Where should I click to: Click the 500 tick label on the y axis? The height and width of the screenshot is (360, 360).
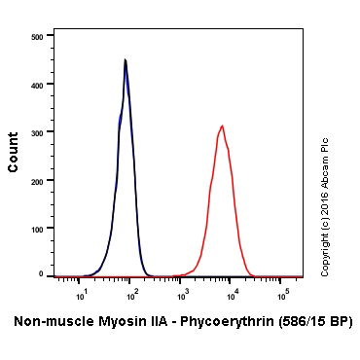[x=37, y=36]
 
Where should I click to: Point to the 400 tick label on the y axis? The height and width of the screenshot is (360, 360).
[x=37, y=84]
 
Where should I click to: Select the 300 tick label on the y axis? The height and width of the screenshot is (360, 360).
[x=37, y=131]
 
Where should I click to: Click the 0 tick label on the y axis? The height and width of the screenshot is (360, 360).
[x=41, y=274]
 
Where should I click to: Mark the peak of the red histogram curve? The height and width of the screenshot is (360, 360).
[x=223, y=126]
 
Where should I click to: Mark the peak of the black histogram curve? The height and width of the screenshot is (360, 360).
[x=126, y=59]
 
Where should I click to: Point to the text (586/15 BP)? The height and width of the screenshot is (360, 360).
[x=313, y=320]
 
